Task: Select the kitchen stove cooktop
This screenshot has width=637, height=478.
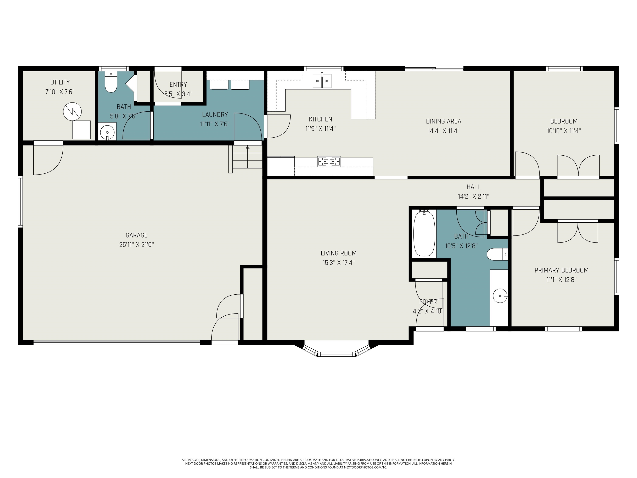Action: point(329,161)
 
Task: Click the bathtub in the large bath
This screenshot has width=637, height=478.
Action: point(424,233)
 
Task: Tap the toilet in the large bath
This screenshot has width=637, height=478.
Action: point(497,254)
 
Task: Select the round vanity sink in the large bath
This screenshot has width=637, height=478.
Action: point(500,296)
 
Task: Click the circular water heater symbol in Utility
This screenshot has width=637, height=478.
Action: point(72,111)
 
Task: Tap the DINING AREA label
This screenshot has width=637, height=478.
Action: point(444,121)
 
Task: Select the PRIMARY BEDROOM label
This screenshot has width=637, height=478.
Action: point(561,270)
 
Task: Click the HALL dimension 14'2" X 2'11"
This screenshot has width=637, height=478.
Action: point(473,196)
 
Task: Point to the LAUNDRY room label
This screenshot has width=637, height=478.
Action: point(215,115)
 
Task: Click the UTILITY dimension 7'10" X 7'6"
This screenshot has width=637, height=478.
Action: point(60,92)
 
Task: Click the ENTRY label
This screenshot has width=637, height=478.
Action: point(178,84)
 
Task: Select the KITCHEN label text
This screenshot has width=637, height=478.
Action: point(321,119)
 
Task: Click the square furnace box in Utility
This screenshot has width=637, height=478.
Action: point(81,130)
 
